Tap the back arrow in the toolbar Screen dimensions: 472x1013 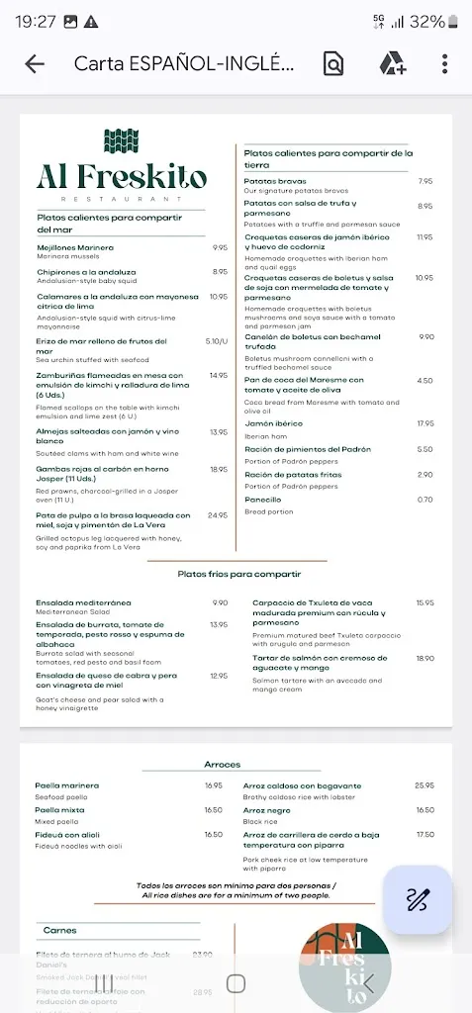[35, 64]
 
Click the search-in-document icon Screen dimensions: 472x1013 [333, 64]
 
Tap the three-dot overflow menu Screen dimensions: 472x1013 [444, 64]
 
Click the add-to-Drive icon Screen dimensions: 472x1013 [393, 64]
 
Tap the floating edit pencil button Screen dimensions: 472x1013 [417, 899]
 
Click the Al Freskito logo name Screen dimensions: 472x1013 [122, 178]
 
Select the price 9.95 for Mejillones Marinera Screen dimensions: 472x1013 [219, 248]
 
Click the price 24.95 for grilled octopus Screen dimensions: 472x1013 [218, 515]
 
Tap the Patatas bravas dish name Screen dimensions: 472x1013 [275, 181]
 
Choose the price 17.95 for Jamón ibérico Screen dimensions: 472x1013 [425, 423]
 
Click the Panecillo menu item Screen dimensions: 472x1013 [262, 500]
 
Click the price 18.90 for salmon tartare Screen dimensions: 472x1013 [425, 658]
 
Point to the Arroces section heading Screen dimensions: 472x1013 [223, 765]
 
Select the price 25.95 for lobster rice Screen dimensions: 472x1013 [425, 786]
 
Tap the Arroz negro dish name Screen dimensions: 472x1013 [267, 810]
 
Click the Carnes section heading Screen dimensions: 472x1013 [59, 930]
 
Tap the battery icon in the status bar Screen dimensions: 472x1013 [460, 21]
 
